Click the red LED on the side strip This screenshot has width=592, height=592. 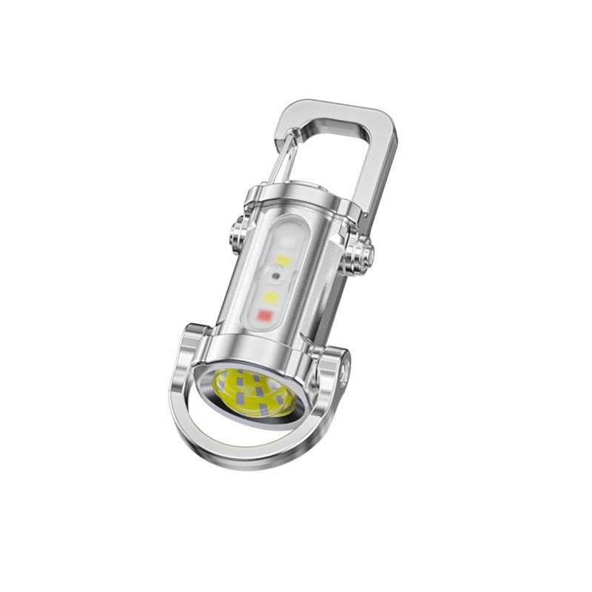pos(265,317)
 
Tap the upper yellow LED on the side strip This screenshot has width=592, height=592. pos(282,260)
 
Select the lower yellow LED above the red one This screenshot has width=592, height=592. pos(271,297)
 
